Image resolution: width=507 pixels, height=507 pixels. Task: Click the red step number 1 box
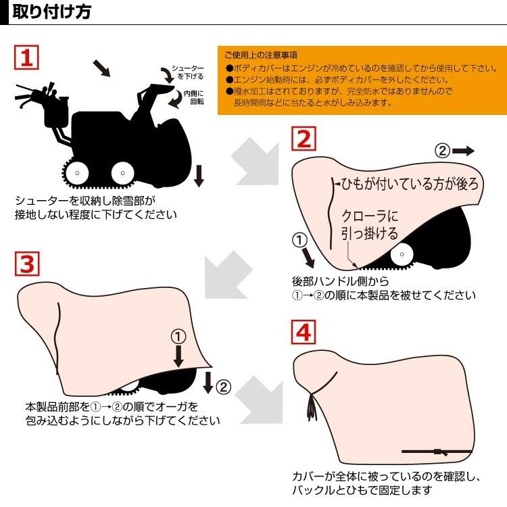(26, 57)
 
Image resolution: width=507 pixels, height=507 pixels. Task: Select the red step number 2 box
(304, 139)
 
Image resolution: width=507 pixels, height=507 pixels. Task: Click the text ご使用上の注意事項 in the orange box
(260, 55)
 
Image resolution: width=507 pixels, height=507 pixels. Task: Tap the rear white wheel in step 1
(77, 173)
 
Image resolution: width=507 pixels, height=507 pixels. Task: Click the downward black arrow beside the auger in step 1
(199, 175)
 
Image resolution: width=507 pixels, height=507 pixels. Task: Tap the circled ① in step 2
(300, 240)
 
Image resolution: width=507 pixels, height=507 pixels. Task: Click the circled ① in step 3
(177, 337)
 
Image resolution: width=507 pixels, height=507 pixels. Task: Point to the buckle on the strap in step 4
(438, 451)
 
